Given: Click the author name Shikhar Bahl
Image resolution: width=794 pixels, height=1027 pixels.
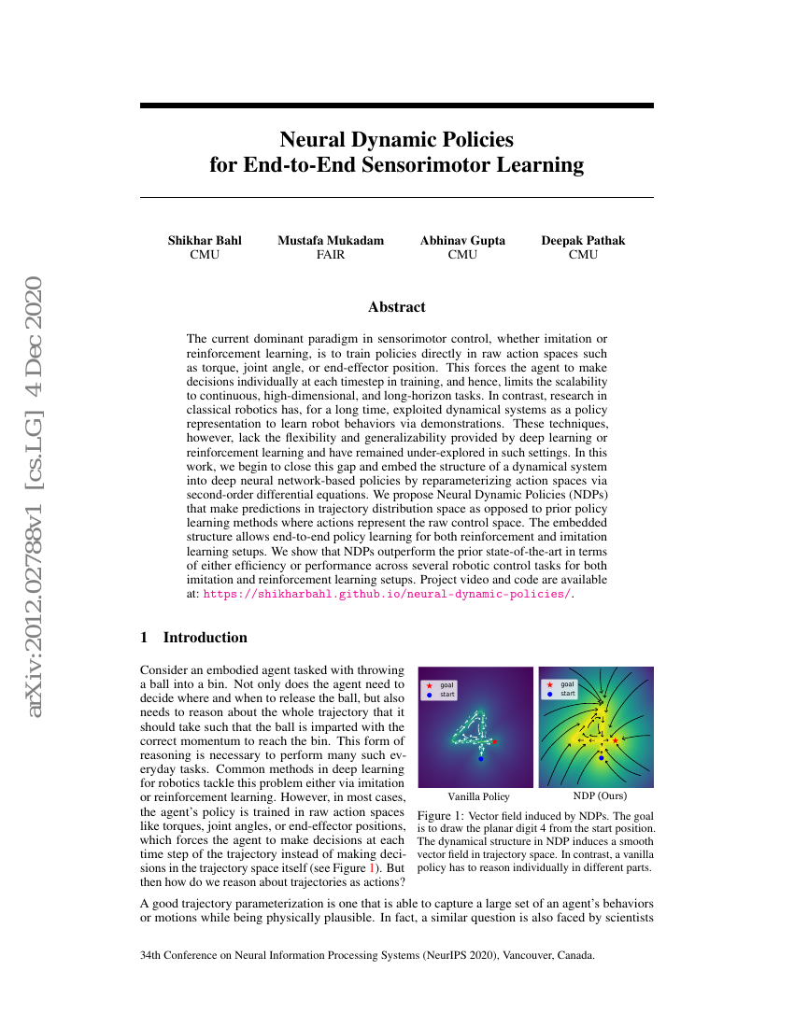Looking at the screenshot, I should [x=205, y=240].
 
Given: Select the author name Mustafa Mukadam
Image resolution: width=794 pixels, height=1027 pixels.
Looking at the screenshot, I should [x=331, y=240].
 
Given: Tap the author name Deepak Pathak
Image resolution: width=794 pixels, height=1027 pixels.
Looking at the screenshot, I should [x=583, y=240].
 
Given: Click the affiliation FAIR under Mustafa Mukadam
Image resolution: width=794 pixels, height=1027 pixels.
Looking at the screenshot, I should [x=331, y=254].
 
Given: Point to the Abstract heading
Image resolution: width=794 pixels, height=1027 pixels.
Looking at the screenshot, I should [x=396, y=307].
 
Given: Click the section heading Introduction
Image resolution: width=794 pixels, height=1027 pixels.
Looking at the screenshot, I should [x=205, y=638].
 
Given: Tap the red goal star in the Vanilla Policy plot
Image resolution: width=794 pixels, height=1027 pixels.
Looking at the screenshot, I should [x=494, y=742].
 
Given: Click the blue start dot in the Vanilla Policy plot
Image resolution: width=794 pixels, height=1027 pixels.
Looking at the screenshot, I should [x=481, y=759].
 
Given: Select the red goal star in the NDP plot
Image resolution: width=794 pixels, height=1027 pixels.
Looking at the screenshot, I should [x=616, y=740].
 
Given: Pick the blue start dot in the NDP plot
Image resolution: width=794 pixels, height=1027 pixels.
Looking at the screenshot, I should [x=601, y=758].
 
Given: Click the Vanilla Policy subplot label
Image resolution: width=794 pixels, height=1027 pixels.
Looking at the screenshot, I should [x=478, y=796].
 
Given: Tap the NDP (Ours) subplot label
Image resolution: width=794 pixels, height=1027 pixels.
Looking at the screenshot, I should [x=599, y=796].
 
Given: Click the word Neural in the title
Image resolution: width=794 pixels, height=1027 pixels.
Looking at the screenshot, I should [x=313, y=140].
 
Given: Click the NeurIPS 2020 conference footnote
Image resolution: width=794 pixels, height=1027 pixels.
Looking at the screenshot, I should [x=366, y=956].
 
